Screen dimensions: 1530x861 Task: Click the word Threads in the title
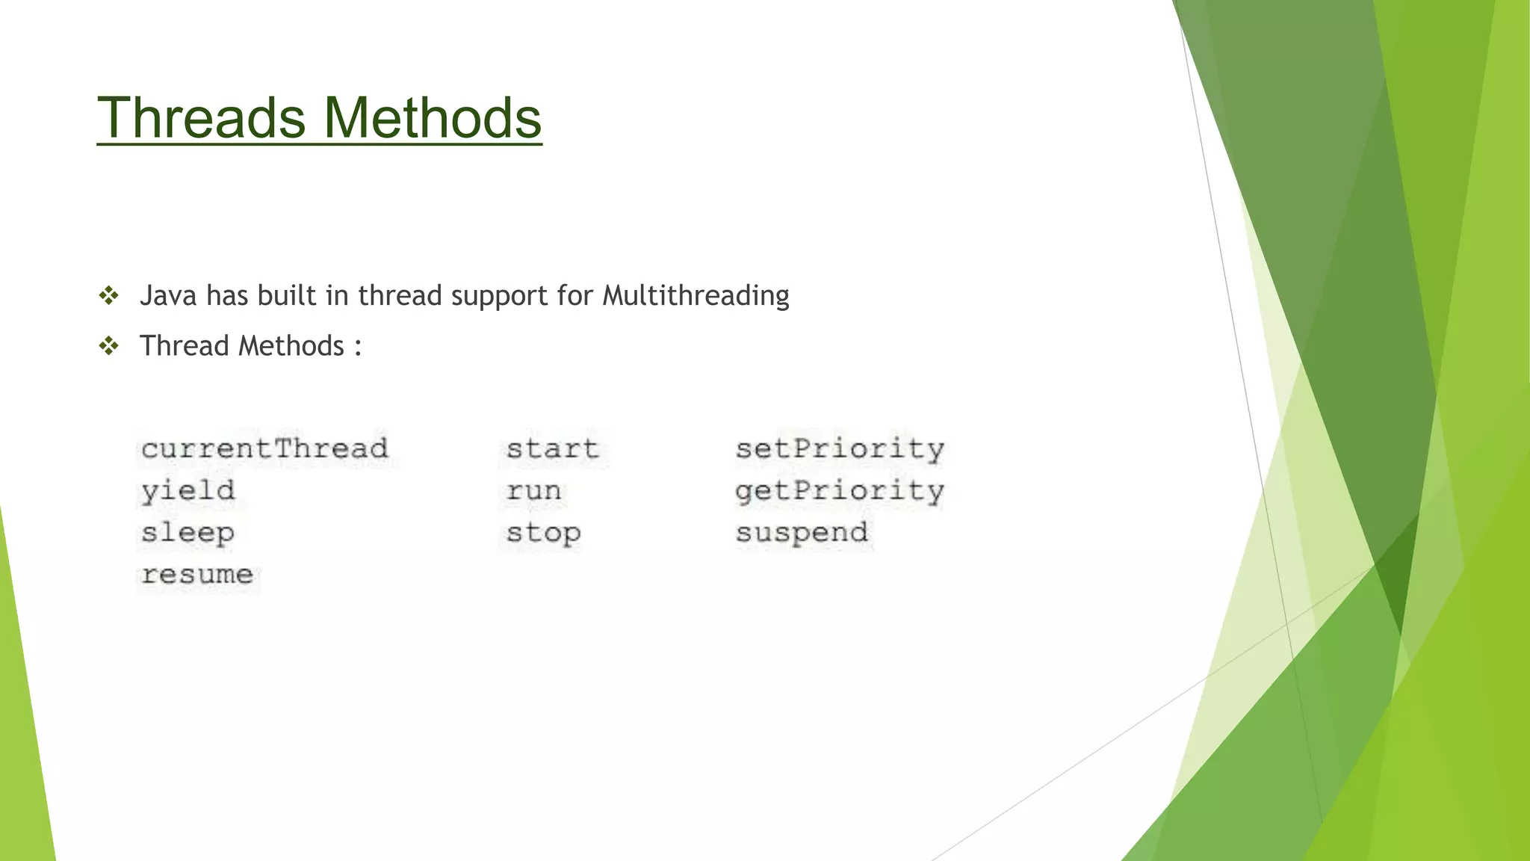pyautogui.click(x=202, y=118)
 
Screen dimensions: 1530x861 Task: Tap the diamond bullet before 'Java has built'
pyautogui.click(x=109, y=296)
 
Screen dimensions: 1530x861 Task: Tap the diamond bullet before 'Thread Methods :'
pyautogui.click(x=109, y=346)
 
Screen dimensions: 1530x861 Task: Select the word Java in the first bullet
pyautogui.click(x=168, y=296)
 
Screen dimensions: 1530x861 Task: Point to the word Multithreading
pyautogui.click(x=696, y=296)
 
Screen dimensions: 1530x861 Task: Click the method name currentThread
pyautogui.click(x=264, y=448)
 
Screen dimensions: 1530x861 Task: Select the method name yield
pyautogui.click(x=188, y=491)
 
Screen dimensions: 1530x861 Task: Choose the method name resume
pyautogui.click(x=197, y=575)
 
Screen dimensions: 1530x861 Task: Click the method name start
pyautogui.click(x=552, y=448)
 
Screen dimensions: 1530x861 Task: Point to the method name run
pyautogui.click(x=533, y=491)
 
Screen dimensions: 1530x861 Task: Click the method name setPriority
pyautogui.click(x=840, y=448)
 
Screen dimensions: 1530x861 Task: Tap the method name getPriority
pyautogui.click(x=840, y=491)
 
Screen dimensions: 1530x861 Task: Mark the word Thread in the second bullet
pyautogui.click(x=184, y=346)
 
